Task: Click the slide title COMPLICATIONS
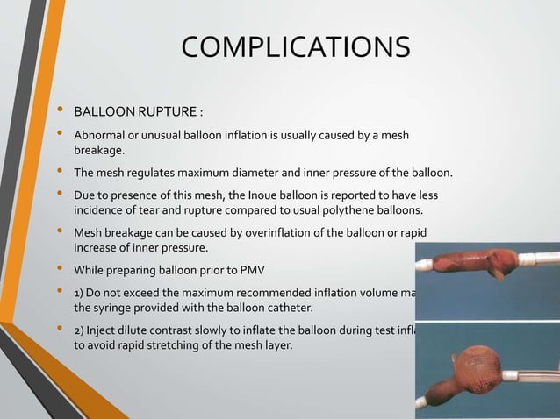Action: pyautogui.click(x=295, y=47)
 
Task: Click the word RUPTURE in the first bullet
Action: pyautogui.click(x=166, y=113)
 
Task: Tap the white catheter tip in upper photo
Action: pyautogui.click(x=538, y=259)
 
